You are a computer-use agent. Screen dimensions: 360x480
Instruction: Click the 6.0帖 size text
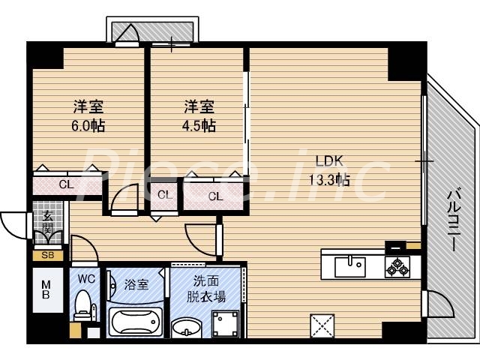pos(88,125)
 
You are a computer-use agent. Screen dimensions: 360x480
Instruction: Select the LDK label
pos(328,160)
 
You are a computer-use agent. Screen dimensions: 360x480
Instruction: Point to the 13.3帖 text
pos(328,179)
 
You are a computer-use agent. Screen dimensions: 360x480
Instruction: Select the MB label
pos(46,289)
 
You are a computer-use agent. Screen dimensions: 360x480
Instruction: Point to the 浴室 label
pos(136,285)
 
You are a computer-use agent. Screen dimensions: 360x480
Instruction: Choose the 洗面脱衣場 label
pos(206,289)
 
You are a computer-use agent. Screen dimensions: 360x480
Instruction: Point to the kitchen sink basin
pos(349,265)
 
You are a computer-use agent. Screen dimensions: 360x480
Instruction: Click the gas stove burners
pos(396,265)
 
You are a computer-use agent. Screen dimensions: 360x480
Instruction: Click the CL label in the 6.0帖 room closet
pos(66,184)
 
